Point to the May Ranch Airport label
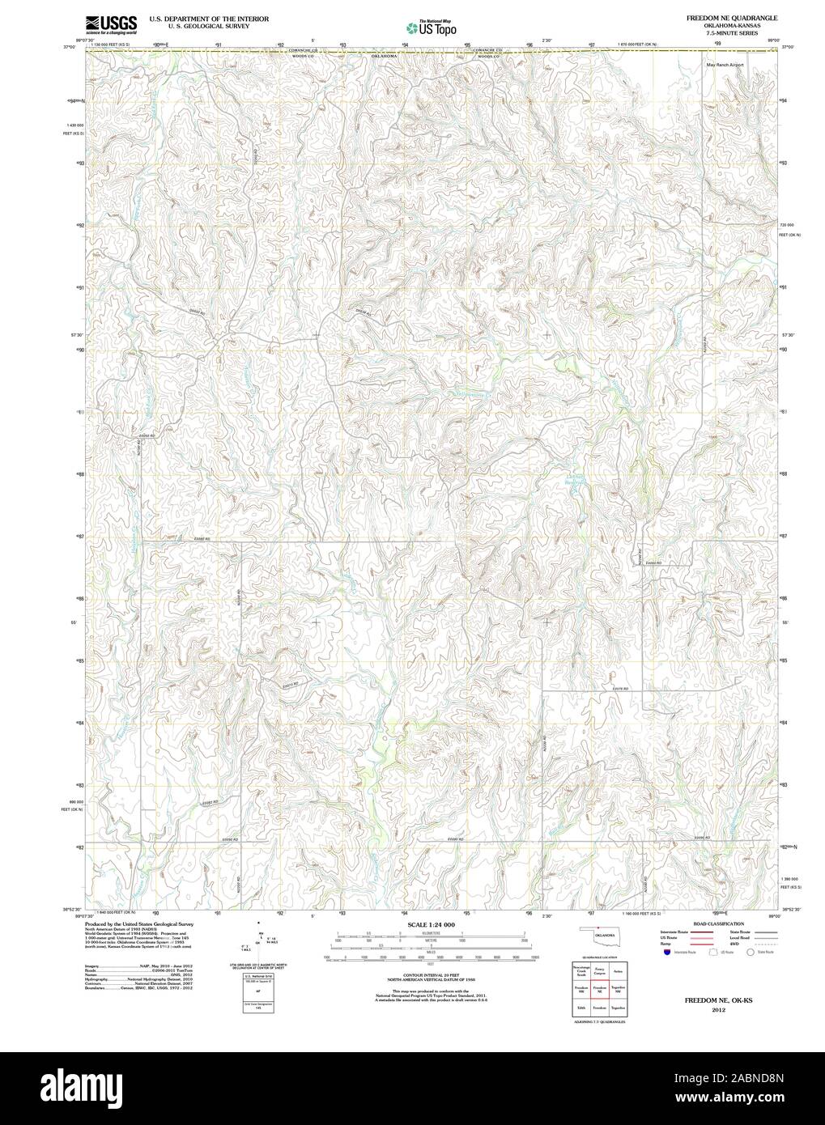click(724, 64)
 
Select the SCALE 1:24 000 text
click(431, 924)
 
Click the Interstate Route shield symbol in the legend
click(666, 953)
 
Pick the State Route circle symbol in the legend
click(750, 953)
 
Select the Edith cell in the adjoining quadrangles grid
click(581, 1008)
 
